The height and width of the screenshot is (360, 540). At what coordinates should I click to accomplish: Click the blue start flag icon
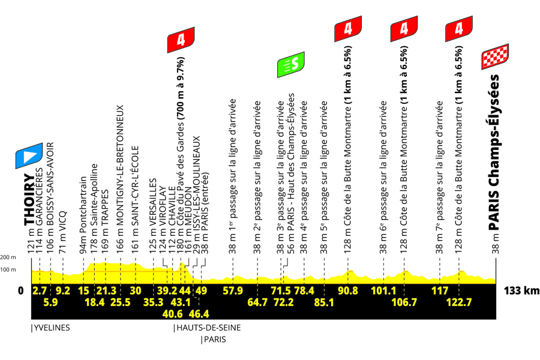pos(29,156)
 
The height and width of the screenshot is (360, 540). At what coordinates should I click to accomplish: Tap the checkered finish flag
pos(495,56)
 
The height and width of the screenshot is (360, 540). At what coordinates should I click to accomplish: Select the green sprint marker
pos(291,64)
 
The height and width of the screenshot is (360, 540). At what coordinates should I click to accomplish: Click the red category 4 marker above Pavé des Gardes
pos(181,40)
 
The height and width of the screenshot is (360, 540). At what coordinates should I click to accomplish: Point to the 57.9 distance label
pos(233,291)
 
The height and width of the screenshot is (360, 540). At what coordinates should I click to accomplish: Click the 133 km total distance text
pos(521,291)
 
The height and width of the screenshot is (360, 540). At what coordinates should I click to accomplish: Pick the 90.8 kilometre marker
pos(348,291)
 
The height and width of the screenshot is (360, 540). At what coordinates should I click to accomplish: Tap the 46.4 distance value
pos(199,314)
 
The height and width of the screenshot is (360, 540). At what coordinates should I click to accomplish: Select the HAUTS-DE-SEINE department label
pos(208,328)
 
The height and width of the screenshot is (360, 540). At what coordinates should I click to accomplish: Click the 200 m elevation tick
pos(8,257)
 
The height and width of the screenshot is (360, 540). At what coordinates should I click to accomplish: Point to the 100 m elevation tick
pos(8,269)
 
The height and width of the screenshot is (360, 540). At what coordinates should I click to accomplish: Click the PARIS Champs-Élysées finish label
pos(494,152)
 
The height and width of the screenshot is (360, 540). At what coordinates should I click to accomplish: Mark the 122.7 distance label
pos(459,302)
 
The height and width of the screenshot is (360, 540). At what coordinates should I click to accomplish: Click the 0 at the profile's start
pos(20,291)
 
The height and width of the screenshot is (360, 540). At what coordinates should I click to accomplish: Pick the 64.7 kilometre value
pos(257,302)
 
